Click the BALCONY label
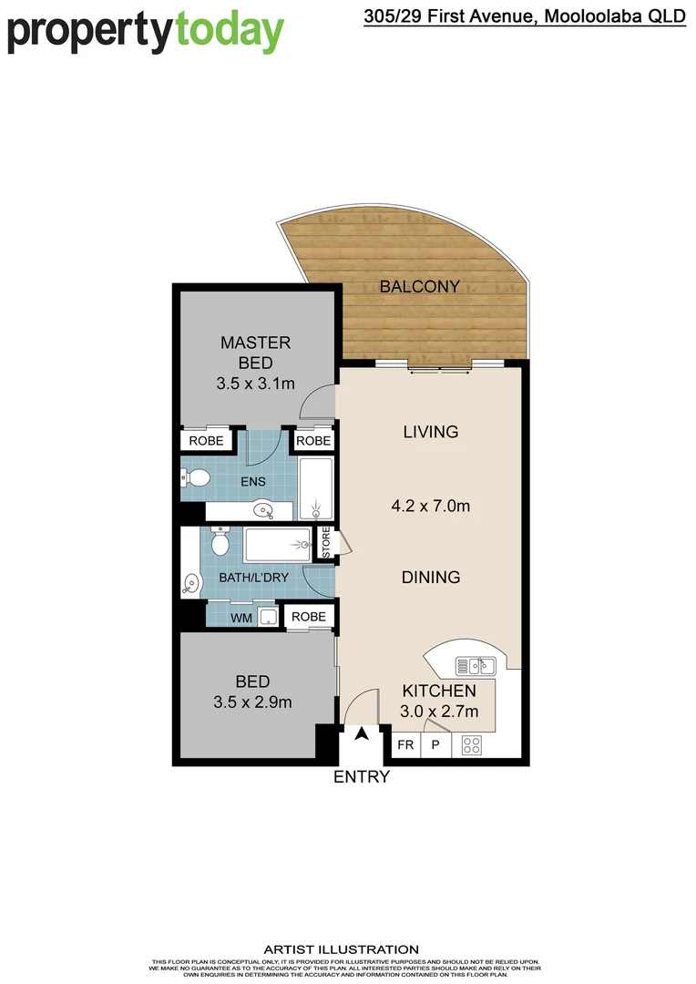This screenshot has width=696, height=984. click(x=419, y=286)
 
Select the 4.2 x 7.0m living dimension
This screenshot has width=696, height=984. click(x=430, y=505)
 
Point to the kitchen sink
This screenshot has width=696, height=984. click(x=475, y=665)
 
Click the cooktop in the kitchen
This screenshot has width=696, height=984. click(x=471, y=744)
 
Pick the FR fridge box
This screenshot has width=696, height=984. click(x=405, y=744)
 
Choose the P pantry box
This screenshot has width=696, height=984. click(x=435, y=744)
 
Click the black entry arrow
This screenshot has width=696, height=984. click(x=362, y=734)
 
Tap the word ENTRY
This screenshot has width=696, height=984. click(x=362, y=777)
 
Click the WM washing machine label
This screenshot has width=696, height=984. click(x=241, y=619)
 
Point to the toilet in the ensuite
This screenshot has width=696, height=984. click(x=196, y=477)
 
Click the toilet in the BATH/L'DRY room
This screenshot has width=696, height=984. click(x=220, y=542)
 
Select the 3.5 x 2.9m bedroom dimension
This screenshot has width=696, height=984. click(x=251, y=702)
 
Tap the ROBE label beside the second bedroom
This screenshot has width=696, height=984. click(x=309, y=617)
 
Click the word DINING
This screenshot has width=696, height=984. click(x=431, y=577)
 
